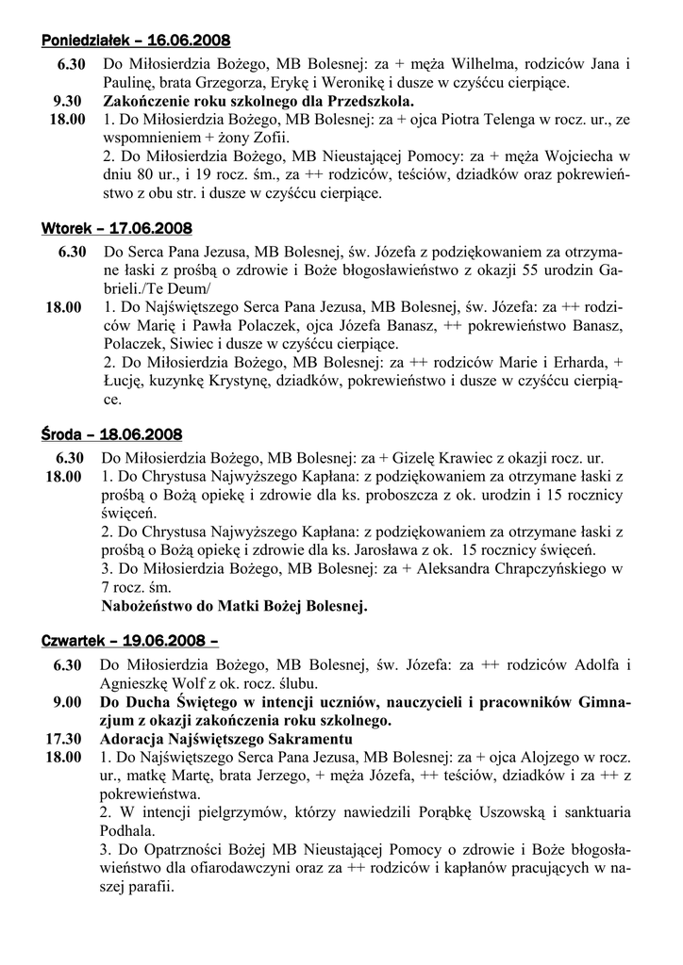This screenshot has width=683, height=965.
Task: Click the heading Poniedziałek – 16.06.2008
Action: point(136,41)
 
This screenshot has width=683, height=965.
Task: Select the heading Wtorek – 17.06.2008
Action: point(117,229)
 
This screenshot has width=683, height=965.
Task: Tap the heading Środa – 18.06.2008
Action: point(112,434)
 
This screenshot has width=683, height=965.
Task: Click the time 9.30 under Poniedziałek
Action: point(70,101)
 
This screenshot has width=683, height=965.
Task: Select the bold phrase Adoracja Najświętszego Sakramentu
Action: point(226,738)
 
